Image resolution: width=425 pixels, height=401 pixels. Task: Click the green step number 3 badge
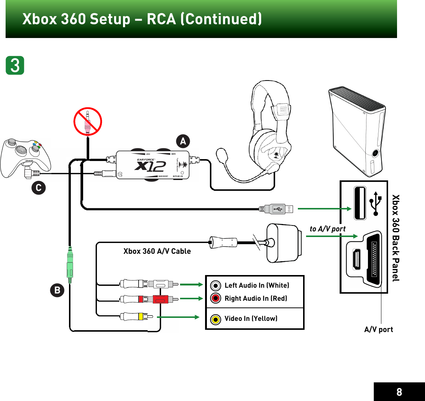tap(15, 66)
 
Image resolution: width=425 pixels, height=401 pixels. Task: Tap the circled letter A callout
tap(183, 141)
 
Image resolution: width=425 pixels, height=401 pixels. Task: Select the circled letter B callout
tap(57, 290)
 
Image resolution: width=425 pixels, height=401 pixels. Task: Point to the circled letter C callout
tap(38, 187)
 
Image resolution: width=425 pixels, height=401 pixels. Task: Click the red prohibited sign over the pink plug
tap(88, 121)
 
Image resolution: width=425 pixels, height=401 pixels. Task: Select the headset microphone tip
tap(221, 154)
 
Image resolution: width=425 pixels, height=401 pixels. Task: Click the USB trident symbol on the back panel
tap(375, 203)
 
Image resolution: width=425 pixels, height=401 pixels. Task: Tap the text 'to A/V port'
tap(328, 229)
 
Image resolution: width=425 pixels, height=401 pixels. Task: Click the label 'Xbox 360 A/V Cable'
tap(157, 251)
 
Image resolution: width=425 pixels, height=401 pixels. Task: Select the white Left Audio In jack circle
tap(215, 285)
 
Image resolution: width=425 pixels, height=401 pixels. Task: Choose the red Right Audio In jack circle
tap(215, 298)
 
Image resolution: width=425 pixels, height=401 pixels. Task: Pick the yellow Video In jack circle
tap(215, 319)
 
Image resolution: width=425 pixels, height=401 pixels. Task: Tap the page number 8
tap(399, 392)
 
